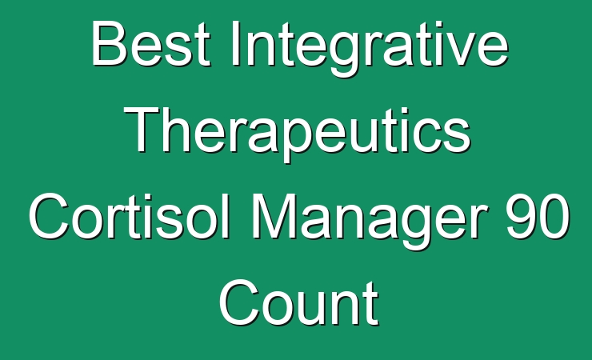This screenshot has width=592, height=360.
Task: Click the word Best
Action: pyautogui.click(x=150, y=43)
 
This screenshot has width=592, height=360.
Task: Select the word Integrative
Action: pyautogui.click(x=370, y=48)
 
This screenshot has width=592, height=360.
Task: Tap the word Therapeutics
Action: pyautogui.click(x=297, y=134)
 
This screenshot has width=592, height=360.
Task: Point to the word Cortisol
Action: pyautogui.click(x=130, y=216)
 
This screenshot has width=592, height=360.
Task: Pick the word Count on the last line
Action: pyautogui.click(x=298, y=302)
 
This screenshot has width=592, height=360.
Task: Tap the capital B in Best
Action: pyautogui.click(x=109, y=43)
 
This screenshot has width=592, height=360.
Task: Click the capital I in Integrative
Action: pyautogui.click(x=236, y=43)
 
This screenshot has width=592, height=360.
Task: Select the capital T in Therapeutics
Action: pyautogui.click(x=142, y=130)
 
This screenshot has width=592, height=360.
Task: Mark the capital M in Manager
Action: pyautogui.click(x=276, y=216)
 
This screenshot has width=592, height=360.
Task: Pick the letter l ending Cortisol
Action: pyautogui.click(x=226, y=216)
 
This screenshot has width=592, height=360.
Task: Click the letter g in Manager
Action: pyautogui.click(x=417, y=226)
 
